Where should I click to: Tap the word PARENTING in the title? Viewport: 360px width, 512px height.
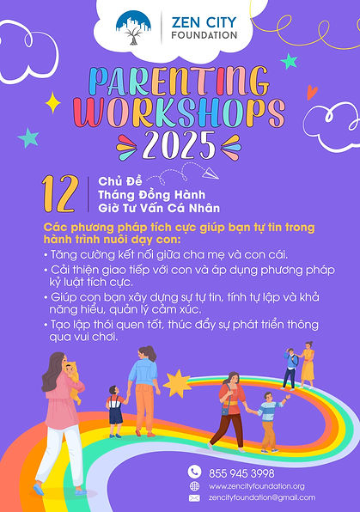(x=180, y=82)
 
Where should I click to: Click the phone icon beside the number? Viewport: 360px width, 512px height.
(x=194, y=472)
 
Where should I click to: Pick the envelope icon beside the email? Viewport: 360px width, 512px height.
(x=194, y=498)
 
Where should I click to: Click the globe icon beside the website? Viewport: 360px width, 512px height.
(x=194, y=485)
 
